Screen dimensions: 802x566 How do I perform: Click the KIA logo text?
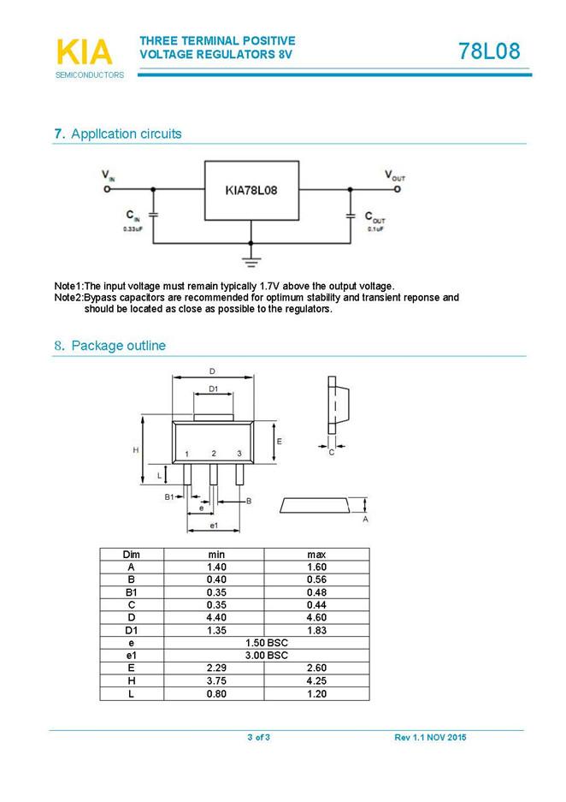pos(84,52)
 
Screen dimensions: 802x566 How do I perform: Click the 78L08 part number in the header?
pos(488,51)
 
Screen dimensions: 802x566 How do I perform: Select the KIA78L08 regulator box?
pos(251,189)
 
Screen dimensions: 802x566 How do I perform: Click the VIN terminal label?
pos(108,175)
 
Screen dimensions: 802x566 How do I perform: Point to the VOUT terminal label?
pos(395,175)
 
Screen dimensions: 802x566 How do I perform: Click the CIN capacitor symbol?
pos(153,215)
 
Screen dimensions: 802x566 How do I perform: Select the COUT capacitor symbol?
pos(350,216)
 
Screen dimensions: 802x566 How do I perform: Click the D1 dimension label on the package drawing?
pos(214,389)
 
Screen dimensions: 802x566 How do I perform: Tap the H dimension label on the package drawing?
pos(136,449)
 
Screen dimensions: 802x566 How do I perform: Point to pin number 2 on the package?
pos(214,453)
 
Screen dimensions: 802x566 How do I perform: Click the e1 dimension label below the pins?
pos(214,524)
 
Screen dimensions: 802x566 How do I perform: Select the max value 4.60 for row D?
pos(316,617)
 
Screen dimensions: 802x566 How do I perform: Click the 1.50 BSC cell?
pos(267,642)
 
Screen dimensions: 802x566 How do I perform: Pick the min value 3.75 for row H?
pos(216,680)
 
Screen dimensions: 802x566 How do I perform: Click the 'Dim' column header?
pos(131,555)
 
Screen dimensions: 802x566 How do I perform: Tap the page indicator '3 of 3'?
pos(258,738)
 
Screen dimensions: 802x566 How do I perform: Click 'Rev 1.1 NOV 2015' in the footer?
pos(430,738)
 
